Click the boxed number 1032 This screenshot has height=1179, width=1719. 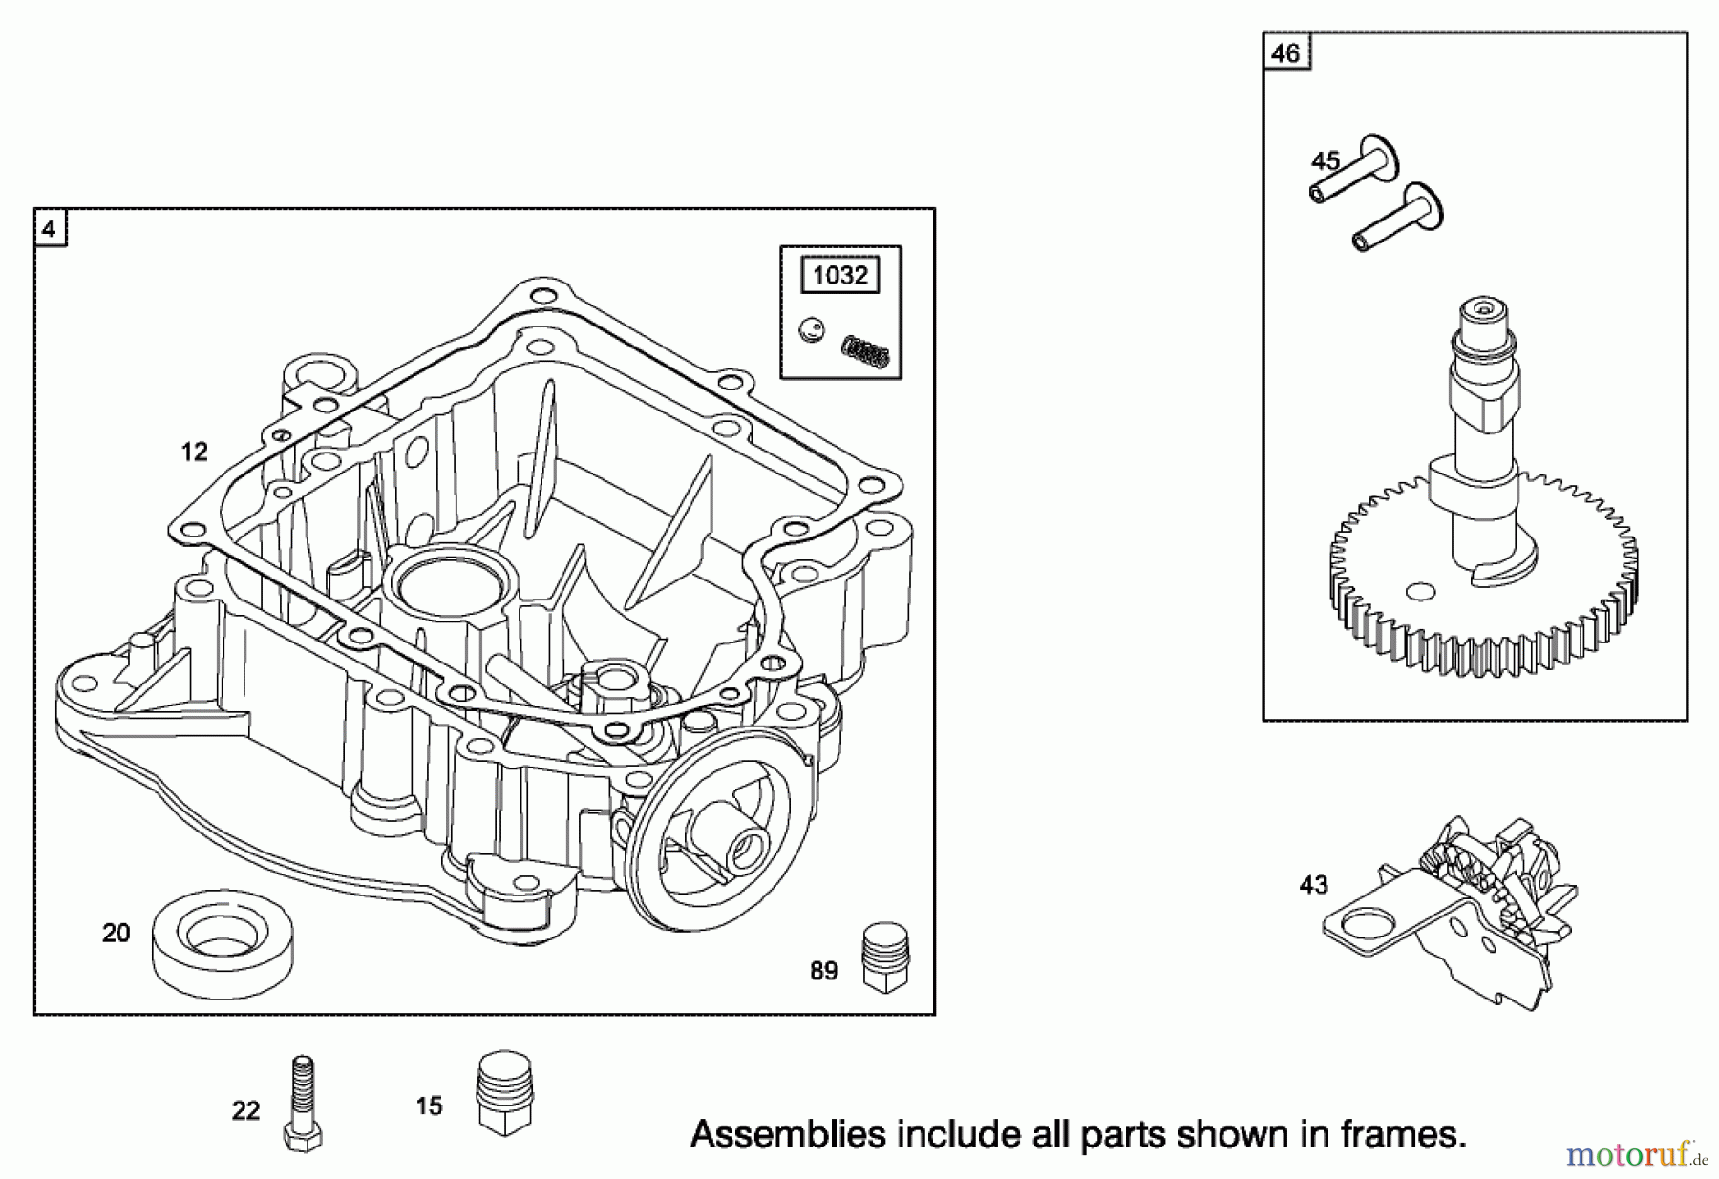[839, 276]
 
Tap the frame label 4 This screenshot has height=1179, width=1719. [50, 230]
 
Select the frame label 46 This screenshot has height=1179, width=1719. [1285, 53]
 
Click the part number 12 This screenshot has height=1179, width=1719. [195, 452]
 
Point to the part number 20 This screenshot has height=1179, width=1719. [117, 933]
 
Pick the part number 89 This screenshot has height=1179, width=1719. [823, 971]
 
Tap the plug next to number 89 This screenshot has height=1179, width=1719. [885, 957]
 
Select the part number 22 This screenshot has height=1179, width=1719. [245, 1110]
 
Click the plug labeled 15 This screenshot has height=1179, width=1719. [503, 1094]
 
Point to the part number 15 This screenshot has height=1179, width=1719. [430, 1105]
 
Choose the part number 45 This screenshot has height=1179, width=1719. [1326, 161]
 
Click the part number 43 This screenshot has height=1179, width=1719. [1314, 885]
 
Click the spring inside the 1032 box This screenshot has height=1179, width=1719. [865, 350]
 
